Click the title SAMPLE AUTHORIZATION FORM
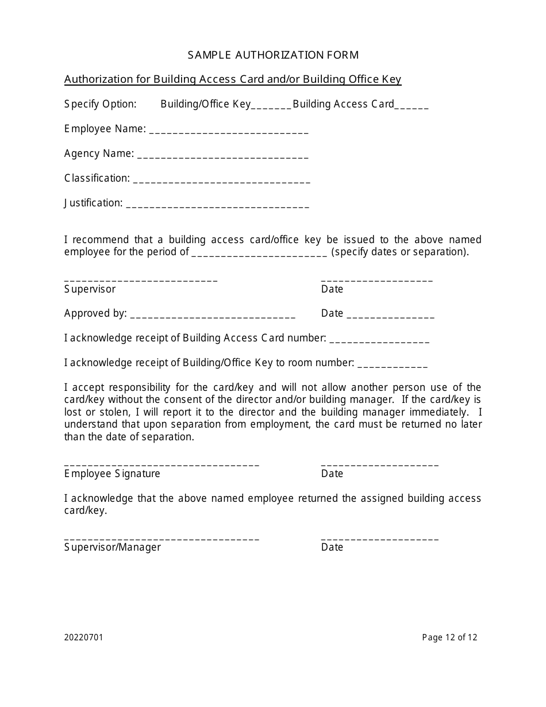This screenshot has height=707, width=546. tap(273, 55)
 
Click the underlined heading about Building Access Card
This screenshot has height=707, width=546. tap(233, 79)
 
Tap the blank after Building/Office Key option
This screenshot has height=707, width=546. tap(271, 105)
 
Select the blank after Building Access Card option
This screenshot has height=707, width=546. tap(412, 105)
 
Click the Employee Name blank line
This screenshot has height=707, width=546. tap(229, 130)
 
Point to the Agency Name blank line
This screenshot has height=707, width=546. tap(223, 155)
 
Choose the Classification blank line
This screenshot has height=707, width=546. tap(221, 180)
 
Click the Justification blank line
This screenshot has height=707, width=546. tap(217, 205)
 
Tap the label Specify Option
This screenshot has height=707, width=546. tap(101, 104)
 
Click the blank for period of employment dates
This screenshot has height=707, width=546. tap(259, 253)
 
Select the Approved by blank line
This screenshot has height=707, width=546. tap(213, 315)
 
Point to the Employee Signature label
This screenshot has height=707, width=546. tap(112, 474)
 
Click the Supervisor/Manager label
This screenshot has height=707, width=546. tap(113, 547)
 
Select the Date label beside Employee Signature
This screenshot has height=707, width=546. tap(332, 474)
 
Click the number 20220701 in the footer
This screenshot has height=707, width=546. tap(84, 637)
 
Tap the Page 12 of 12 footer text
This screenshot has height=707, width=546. tap(449, 637)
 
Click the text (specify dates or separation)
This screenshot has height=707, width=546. tap(401, 252)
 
